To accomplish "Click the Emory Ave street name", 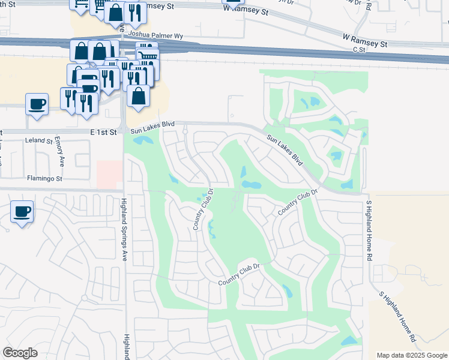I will tap(59, 153).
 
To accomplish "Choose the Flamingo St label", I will tap(44, 179).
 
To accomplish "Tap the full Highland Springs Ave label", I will tap(125, 221).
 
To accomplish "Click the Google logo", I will tap(20, 353).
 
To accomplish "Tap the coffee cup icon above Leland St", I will tap(37, 104).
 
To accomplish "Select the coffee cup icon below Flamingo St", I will tap(22, 211).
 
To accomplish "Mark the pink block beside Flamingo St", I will tap(109, 174).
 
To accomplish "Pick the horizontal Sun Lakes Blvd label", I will tap(152, 124).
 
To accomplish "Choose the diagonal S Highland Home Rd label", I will tap(397, 317).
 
